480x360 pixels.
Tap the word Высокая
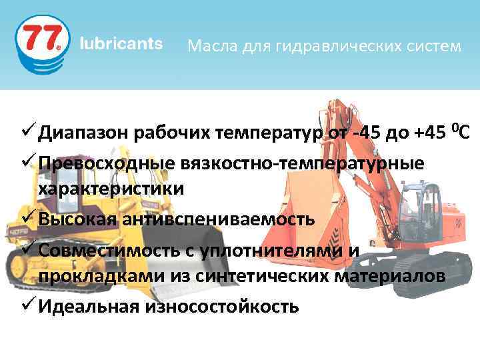click(73, 218)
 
